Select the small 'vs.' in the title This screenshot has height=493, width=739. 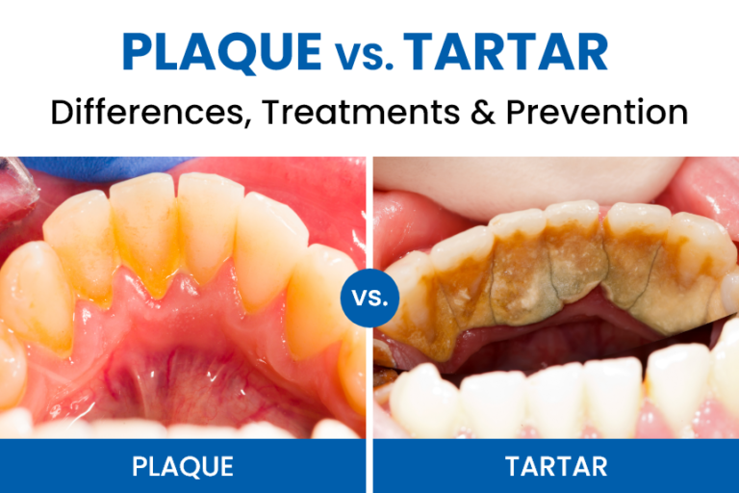point(362,56)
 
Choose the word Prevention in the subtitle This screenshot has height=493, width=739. point(599,113)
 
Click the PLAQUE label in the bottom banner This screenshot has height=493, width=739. point(183,467)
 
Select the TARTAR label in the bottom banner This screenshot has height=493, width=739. point(556,467)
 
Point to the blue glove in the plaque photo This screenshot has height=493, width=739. point(106,168)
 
